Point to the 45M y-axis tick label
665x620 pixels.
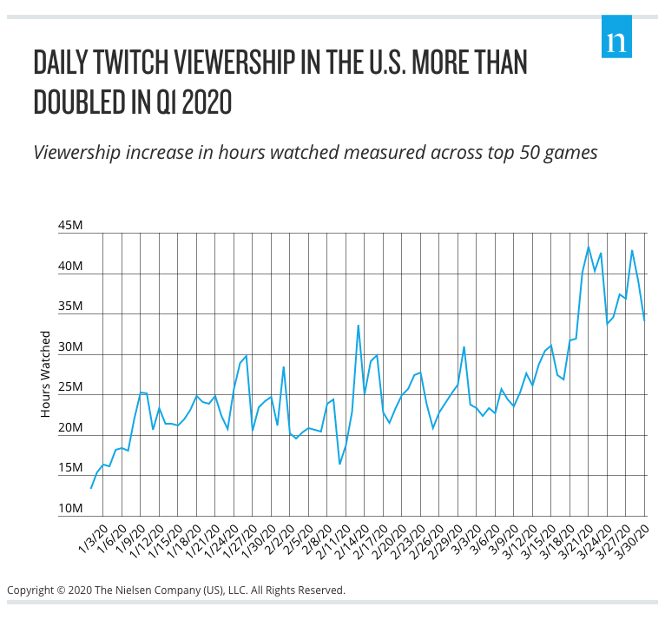(x=69, y=227)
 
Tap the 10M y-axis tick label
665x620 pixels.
(x=69, y=510)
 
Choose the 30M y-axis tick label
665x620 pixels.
(x=69, y=348)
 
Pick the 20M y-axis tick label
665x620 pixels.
(x=69, y=429)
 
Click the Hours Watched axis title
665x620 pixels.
(x=46, y=373)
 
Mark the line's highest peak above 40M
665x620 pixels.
(x=589, y=247)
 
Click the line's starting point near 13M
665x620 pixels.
(x=91, y=487)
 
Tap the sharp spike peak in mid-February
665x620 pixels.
(x=359, y=326)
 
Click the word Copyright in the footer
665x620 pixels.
(x=31, y=590)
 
